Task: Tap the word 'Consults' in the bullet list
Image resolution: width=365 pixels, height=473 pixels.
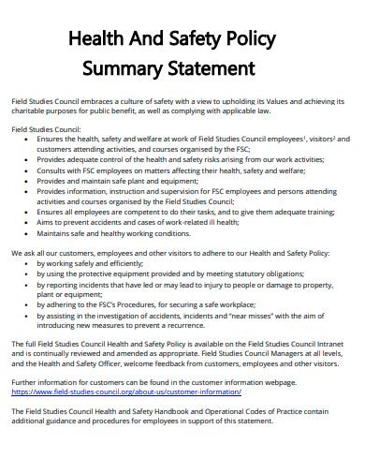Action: [x=53, y=170]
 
